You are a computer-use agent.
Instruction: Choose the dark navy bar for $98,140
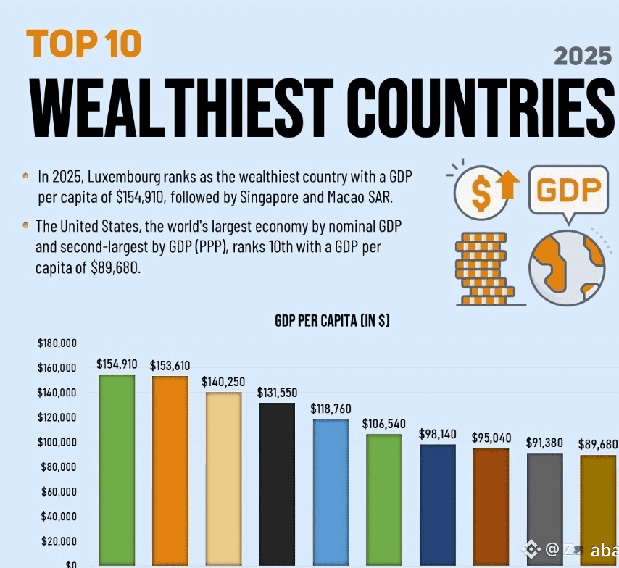[x=437, y=504]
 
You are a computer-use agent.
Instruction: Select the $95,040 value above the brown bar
[x=491, y=438]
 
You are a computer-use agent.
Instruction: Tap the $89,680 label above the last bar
[x=598, y=444]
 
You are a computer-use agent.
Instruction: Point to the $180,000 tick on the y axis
[x=57, y=343]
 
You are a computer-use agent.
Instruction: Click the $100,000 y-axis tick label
[x=57, y=442]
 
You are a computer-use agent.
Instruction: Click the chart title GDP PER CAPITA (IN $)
[x=332, y=321]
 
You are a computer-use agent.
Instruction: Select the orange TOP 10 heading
[x=83, y=44]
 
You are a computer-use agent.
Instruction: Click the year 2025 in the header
[x=582, y=57]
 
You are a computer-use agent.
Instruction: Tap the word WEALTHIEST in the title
[x=181, y=106]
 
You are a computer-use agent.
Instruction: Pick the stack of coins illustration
[x=482, y=268]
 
